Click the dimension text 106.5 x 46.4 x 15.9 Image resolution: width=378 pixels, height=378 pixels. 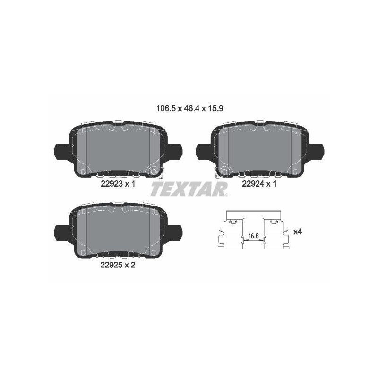click(190, 109)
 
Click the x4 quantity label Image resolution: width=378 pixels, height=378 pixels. click(298, 232)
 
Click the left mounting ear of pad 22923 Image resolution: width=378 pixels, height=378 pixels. click(63, 152)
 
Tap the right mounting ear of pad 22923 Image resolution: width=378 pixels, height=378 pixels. click(173, 152)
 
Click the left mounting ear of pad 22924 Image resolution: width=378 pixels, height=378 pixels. click(205, 152)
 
